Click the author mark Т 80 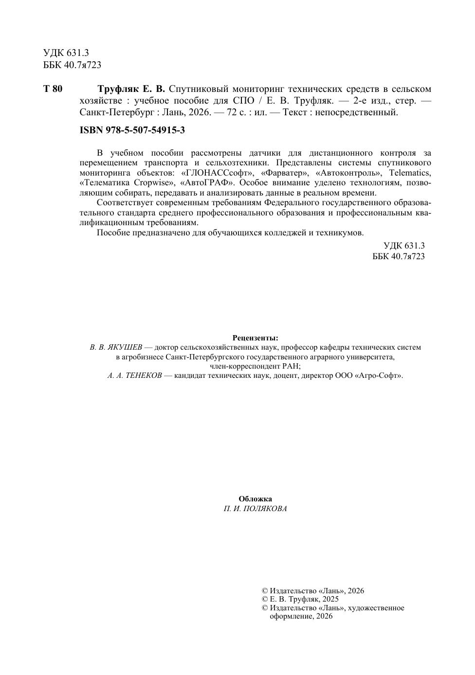pyautogui.click(x=53, y=89)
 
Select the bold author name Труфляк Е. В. pyautogui.click(x=131, y=89)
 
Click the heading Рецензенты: pyautogui.click(x=256, y=337)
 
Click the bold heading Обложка pyautogui.click(x=256, y=499)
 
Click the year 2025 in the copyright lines pyautogui.click(x=330, y=599)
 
